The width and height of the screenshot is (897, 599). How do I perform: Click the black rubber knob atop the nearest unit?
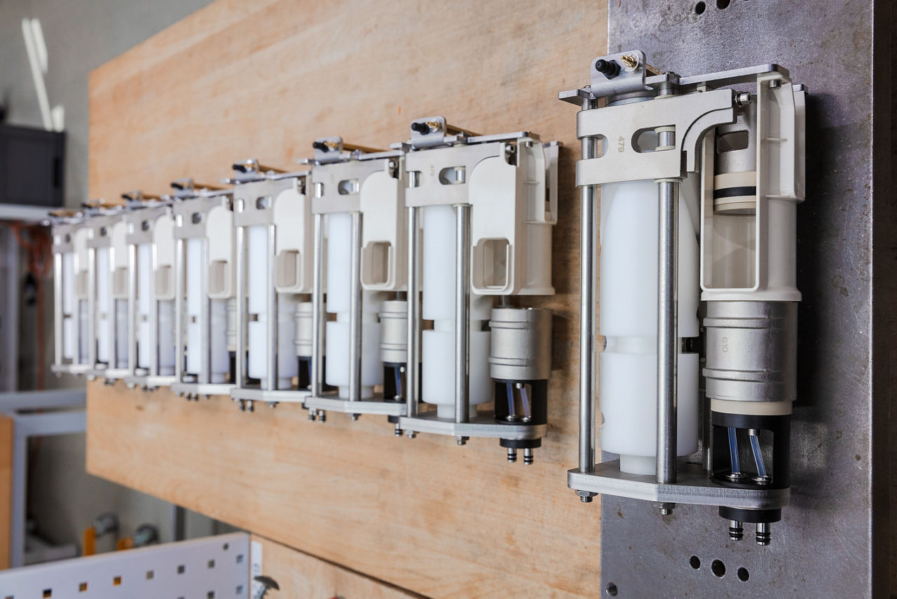tap(607, 68)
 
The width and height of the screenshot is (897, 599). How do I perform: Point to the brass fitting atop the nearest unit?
tap(629, 62)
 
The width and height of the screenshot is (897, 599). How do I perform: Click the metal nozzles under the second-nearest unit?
tap(520, 455)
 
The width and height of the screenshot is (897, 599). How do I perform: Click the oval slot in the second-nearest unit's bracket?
tap(453, 175)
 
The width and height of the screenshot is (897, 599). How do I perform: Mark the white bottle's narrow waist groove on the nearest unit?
tap(648, 344)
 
